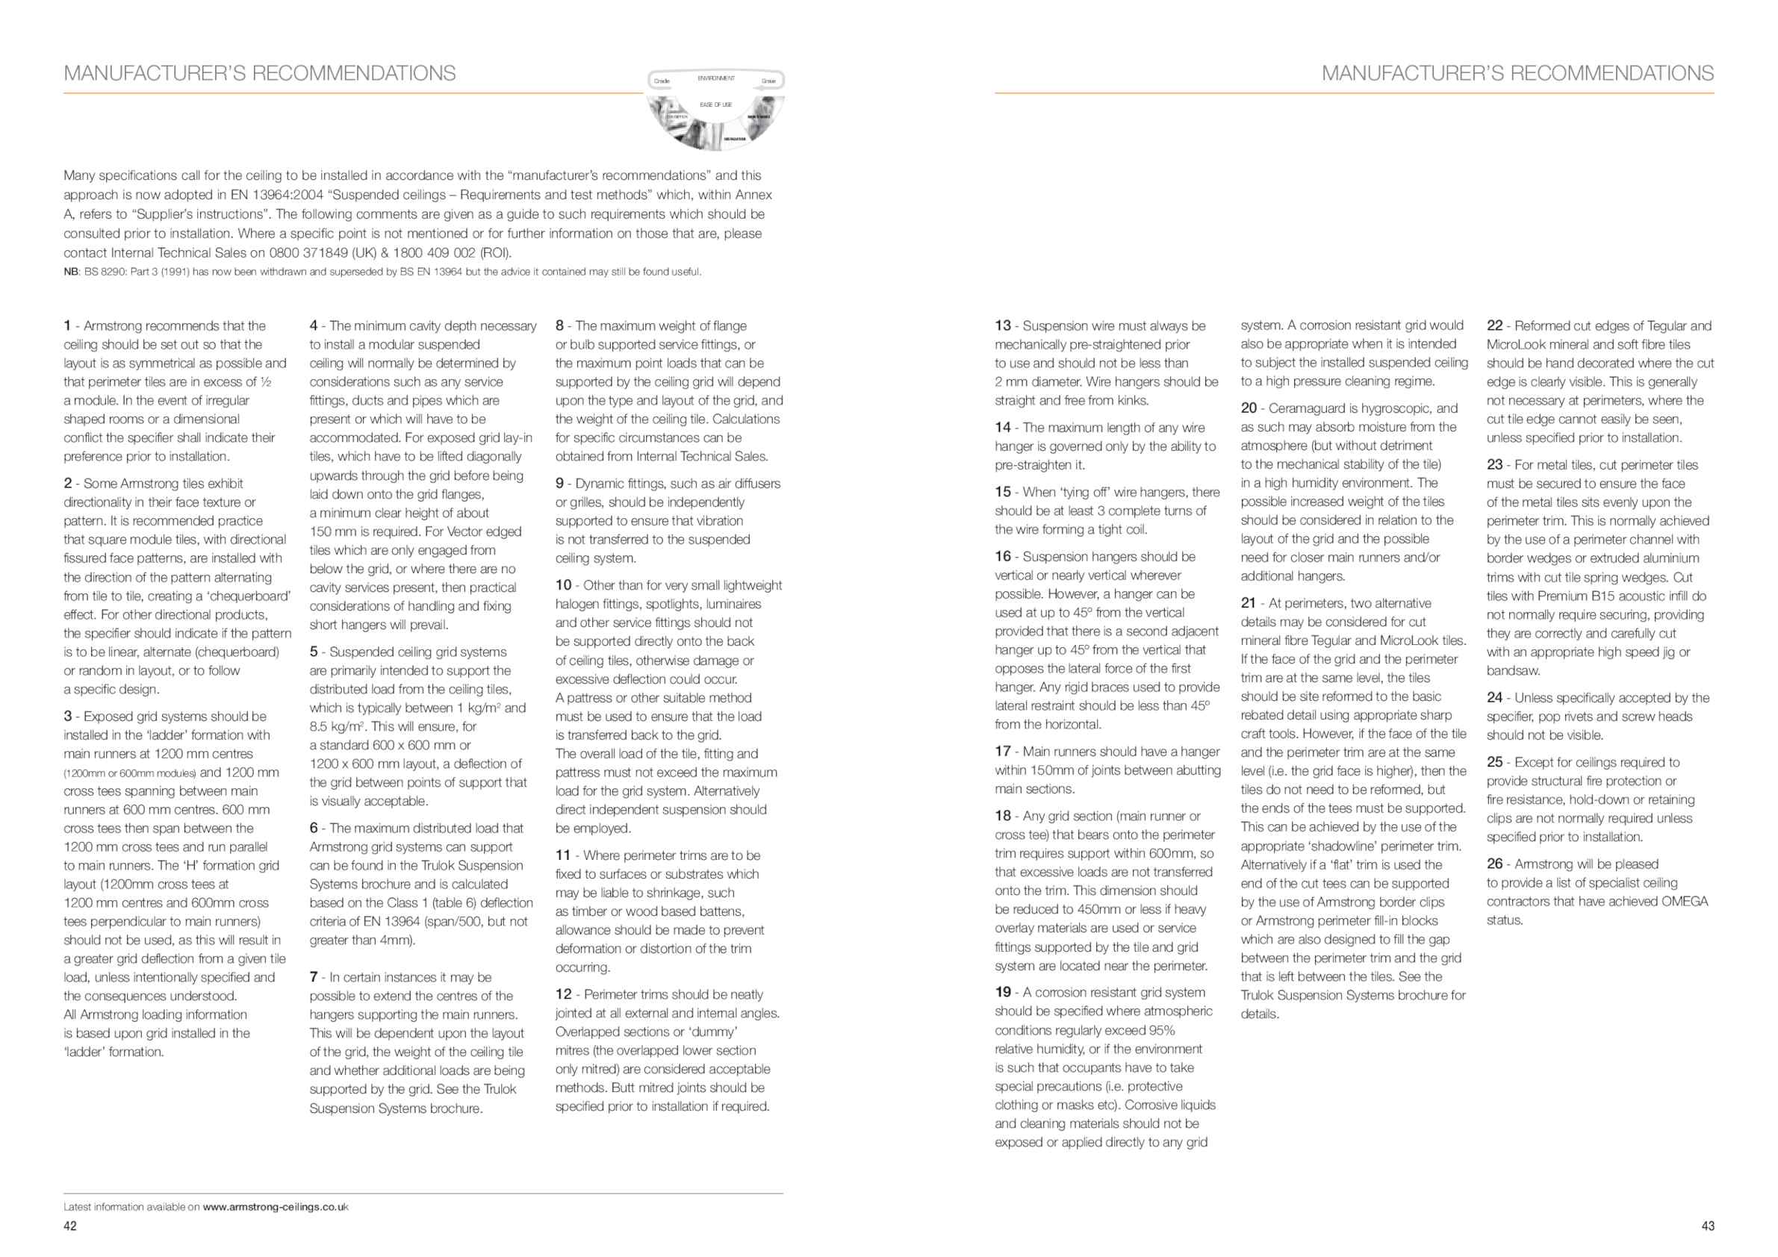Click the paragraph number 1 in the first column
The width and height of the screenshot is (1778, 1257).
(67, 326)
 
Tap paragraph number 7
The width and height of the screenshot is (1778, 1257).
(313, 977)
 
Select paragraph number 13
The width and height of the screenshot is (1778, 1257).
(1003, 326)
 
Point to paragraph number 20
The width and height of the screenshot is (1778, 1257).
(1249, 408)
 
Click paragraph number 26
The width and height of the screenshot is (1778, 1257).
(1494, 863)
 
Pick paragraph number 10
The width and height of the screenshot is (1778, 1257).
(563, 585)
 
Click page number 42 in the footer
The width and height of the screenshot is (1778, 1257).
(69, 1226)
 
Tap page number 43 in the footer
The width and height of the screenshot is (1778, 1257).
(1708, 1226)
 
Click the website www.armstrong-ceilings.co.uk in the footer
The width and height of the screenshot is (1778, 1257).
(275, 1207)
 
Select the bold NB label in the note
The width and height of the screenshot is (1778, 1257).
(71, 272)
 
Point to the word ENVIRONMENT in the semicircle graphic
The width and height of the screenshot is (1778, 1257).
(715, 78)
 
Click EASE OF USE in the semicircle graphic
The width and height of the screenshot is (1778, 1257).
(715, 105)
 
